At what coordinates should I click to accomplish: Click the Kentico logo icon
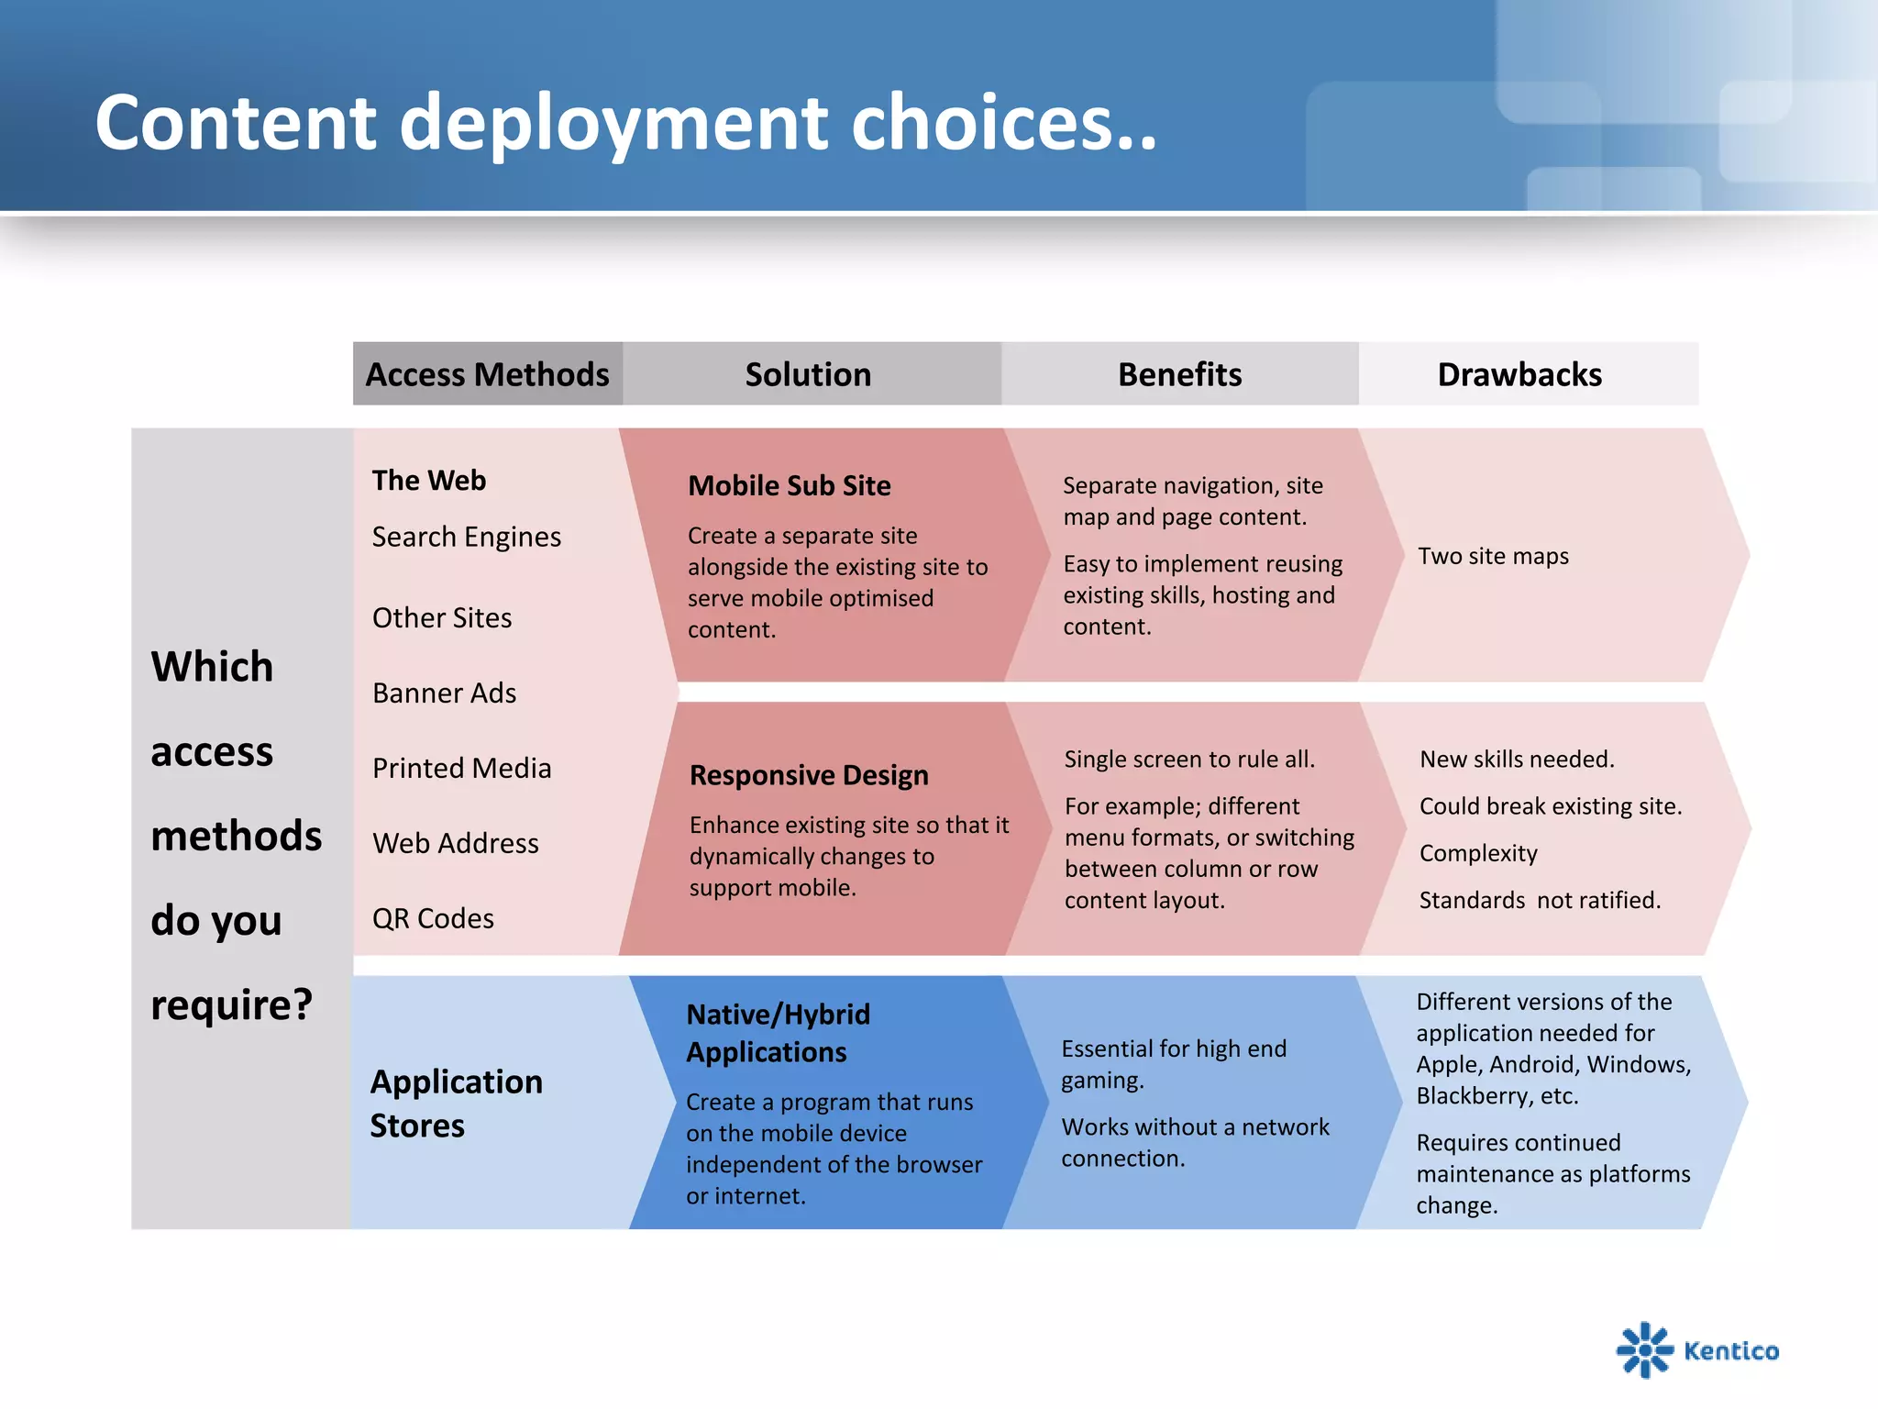1644,1349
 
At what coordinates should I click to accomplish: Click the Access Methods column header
487,374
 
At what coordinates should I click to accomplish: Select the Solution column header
808,374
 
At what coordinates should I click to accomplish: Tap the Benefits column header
1179,374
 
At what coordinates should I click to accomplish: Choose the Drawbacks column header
1519,374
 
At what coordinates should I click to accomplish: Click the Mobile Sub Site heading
789,485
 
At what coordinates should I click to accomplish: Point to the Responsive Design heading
809,775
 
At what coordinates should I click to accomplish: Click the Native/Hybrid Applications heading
778,1033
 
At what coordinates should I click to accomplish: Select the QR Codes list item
433,918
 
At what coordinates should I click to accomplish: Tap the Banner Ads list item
444,693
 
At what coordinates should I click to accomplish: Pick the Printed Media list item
461,768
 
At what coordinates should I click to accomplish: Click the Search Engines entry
466,537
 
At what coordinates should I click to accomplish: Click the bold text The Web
428,480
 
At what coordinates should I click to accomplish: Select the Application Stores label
456,1104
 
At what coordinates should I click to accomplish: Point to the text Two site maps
1493,556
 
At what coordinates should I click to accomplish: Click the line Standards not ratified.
1540,900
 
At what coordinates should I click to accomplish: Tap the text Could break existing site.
1550,806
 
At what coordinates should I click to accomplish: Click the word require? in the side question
231,1004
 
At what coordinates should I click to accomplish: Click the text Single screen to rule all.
1189,759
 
